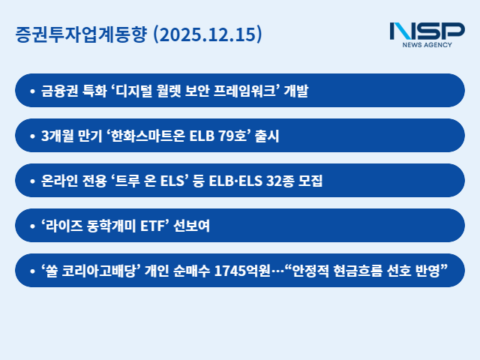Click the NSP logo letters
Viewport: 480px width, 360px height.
coord(427,31)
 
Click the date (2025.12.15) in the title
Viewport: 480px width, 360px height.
coord(208,34)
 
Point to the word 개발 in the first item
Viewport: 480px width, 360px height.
coord(297,91)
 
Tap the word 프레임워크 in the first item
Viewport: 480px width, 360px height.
coord(247,91)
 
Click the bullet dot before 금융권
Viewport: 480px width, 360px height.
coord(32,91)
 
